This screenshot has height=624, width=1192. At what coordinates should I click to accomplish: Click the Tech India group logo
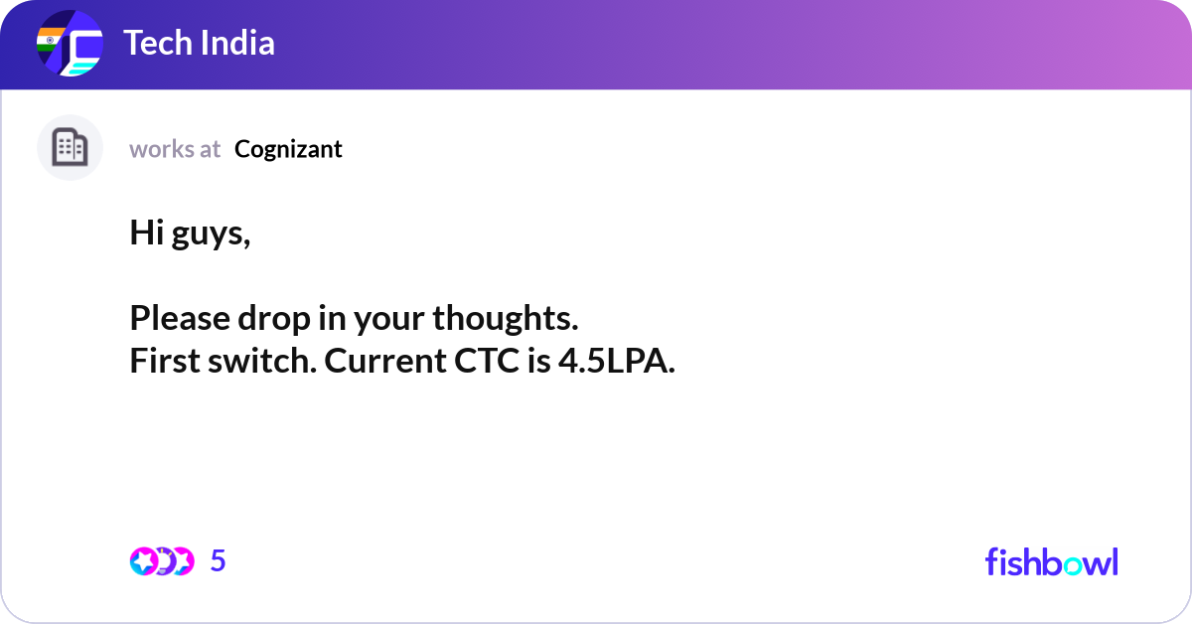pyautogui.click(x=70, y=45)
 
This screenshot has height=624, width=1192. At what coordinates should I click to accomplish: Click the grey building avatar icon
pyautogui.click(x=70, y=148)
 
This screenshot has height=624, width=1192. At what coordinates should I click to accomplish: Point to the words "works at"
pyautogui.click(x=175, y=149)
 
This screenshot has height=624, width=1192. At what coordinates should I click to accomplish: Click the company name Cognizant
pyautogui.click(x=288, y=149)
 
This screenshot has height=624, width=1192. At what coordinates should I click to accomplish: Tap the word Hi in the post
pyautogui.click(x=145, y=233)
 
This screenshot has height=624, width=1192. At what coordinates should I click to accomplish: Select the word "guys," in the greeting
pyautogui.click(x=210, y=234)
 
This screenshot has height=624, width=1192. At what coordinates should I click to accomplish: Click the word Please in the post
pyautogui.click(x=176, y=318)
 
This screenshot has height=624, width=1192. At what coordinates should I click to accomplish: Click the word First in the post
pyautogui.click(x=161, y=361)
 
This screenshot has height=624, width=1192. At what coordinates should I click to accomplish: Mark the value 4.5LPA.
pyautogui.click(x=616, y=361)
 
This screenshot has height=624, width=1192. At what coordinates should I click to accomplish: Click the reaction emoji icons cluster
pyautogui.click(x=161, y=561)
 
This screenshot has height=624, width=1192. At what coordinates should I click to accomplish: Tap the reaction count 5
pyautogui.click(x=219, y=561)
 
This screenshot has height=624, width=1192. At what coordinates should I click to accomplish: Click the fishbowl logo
pyautogui.click(x=1051, y=561)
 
